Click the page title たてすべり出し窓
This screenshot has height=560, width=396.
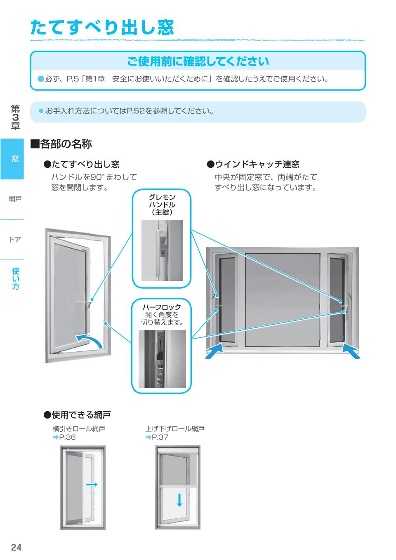102,28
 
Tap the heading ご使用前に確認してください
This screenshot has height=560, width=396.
198,61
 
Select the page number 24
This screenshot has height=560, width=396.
16,547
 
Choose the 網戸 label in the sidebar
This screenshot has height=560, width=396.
15,199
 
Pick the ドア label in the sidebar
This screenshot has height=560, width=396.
15,239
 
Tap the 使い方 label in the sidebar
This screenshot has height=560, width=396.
15,278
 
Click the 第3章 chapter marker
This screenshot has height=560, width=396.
15,117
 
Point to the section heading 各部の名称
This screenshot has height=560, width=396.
61,144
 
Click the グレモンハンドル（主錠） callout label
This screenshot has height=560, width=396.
162,205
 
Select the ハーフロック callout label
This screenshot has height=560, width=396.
162,307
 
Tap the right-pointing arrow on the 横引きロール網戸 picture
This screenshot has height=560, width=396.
92,484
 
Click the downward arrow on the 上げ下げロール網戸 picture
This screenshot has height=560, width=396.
179,500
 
